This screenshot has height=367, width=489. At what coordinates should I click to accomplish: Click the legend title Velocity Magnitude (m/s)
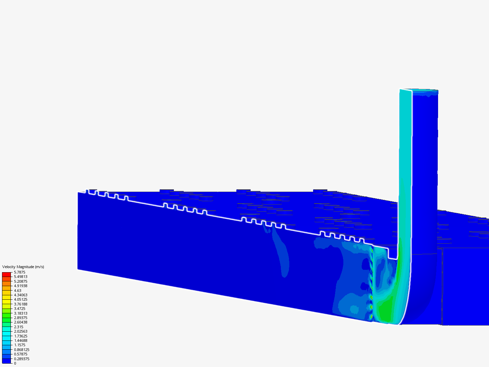23,267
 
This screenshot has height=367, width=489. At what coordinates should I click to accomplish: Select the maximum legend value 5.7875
19,272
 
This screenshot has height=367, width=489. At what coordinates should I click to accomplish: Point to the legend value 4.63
18,291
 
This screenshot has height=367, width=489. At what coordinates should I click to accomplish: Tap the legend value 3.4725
19,309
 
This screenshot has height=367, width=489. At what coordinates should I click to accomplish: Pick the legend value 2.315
19,327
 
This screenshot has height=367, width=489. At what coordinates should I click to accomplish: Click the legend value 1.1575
19,345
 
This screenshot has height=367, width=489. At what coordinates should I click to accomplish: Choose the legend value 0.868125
21,350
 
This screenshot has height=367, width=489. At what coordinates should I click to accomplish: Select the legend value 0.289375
21,359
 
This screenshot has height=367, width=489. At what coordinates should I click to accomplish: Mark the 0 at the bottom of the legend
15,363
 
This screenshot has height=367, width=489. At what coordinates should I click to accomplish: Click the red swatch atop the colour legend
6,274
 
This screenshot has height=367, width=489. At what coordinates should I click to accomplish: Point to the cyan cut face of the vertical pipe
405,153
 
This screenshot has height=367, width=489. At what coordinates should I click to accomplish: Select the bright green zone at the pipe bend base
385,309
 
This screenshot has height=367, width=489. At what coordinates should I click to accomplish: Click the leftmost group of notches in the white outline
107,195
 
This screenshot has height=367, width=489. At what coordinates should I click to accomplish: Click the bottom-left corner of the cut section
78,269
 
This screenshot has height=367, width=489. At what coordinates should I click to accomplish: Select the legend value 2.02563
20,331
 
